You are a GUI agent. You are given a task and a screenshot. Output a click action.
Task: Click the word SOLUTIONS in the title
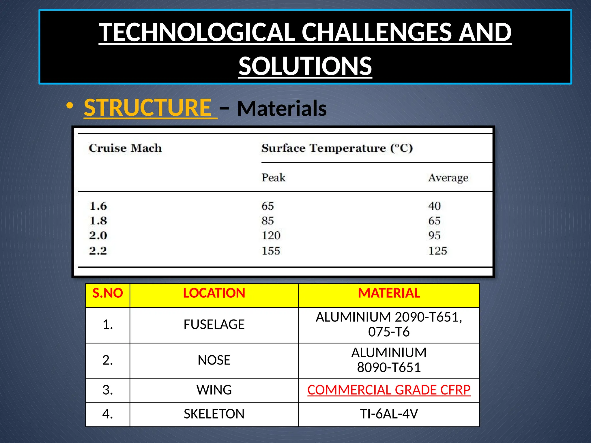click(305, 66)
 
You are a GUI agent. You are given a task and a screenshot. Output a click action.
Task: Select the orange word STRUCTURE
click(148, 108)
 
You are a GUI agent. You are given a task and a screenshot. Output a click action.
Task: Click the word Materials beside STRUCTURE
click(282, 108)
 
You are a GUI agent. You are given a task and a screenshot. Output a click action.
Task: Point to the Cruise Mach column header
click(125, 148)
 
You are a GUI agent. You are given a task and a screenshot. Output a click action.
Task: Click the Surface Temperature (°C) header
click(337, 148)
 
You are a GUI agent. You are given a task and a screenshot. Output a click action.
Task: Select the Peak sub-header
click(273, 178)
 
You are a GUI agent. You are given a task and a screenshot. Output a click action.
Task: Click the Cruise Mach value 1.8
click(98, 221)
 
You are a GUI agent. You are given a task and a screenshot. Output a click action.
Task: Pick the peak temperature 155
click(271, 251)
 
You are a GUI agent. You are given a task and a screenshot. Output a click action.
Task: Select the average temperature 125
click(437, 251)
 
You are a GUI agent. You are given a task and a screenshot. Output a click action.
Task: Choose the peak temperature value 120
click(271, 236)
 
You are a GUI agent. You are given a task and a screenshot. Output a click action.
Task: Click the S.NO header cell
click(108, 293)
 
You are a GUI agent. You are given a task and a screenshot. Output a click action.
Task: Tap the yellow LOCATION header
click(214, 293)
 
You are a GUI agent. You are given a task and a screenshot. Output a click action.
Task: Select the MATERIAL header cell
click(389, 293)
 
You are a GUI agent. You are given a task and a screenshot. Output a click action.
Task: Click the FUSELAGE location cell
click(214, 324)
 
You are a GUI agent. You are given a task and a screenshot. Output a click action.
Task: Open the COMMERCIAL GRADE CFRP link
click(389, 390)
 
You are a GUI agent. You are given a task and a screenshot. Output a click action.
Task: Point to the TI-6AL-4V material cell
click(389, 414)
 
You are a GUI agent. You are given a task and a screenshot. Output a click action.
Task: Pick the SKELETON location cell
click(214, 414)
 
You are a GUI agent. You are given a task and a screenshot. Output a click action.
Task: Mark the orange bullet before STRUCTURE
click(69, 106)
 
